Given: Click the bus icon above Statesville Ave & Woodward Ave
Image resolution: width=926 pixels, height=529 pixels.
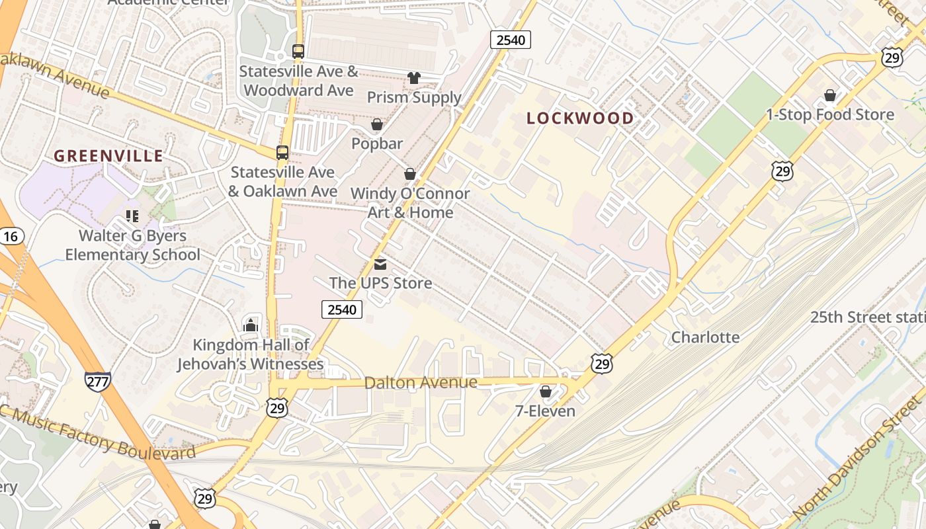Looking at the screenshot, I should (x=298, y=52).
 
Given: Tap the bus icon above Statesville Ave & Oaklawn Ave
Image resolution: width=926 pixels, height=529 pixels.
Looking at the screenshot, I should (x=282, y=153).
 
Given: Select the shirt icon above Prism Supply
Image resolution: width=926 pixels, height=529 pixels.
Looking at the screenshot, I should (x=414, y=78).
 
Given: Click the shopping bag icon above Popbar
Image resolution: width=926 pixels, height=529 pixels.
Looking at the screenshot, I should (x=377, y=124).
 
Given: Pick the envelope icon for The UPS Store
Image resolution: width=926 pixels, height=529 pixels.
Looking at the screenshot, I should (x=380, y=264).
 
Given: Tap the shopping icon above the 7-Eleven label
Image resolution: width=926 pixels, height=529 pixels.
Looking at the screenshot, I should (x=546, y=392).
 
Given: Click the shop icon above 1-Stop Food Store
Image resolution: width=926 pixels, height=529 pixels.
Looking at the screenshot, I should (x=830, y=96).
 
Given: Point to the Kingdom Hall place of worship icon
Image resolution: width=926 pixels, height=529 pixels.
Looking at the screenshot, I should (x=251, y=325).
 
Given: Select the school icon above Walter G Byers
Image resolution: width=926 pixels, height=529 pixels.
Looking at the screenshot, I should (x=132, y=216).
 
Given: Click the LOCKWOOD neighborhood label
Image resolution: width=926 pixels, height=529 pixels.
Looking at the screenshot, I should (x=580, y=118).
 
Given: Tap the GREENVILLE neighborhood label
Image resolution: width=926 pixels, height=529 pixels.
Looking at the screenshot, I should (x=108, y=156).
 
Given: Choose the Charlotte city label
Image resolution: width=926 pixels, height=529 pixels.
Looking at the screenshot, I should (x=705, y=337).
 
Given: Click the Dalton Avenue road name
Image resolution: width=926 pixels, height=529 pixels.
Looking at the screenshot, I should (x=421, y=383).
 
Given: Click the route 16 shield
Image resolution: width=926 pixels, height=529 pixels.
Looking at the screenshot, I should (x=11, y=236).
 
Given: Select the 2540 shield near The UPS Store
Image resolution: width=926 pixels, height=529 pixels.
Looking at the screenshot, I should (x=342, y=309).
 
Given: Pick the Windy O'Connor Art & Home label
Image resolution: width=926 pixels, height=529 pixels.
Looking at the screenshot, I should (x=410, y=203).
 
